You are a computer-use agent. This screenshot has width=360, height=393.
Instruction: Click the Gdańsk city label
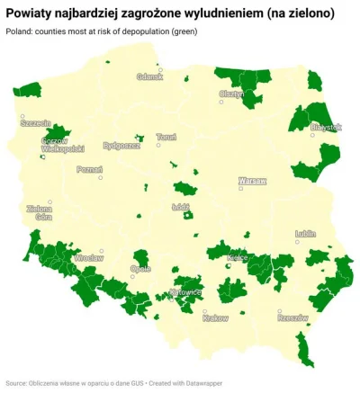(150, 76)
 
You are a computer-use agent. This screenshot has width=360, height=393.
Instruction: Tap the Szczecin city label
(36, 121)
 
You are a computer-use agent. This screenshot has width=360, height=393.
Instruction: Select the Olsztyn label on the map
(231, 94)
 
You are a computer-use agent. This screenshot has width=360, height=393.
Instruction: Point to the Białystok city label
(325, 128)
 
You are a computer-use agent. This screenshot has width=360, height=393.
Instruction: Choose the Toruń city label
(166, 137)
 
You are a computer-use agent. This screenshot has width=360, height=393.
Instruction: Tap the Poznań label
(90, 168)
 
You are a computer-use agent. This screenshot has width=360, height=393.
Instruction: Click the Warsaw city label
(252, 181)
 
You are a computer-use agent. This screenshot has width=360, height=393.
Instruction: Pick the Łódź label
(178, 206)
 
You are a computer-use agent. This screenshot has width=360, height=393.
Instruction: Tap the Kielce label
(238, 257)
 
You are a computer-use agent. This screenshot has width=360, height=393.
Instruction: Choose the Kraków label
(216, 317)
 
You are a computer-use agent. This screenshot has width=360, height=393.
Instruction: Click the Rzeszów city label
(292, 317)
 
